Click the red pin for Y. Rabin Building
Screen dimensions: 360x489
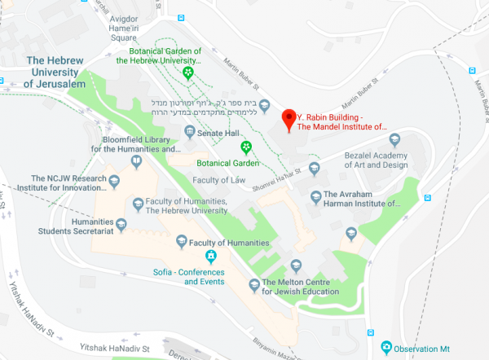(288, 121)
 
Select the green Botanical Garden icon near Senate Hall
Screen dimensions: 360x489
(245, 146)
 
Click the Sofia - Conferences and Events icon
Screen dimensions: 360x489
(210, 258)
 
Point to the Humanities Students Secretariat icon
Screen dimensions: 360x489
(121, 225)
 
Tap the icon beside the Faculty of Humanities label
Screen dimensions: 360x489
(182, 241)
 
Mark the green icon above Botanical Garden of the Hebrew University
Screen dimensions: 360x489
(188, 72)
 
